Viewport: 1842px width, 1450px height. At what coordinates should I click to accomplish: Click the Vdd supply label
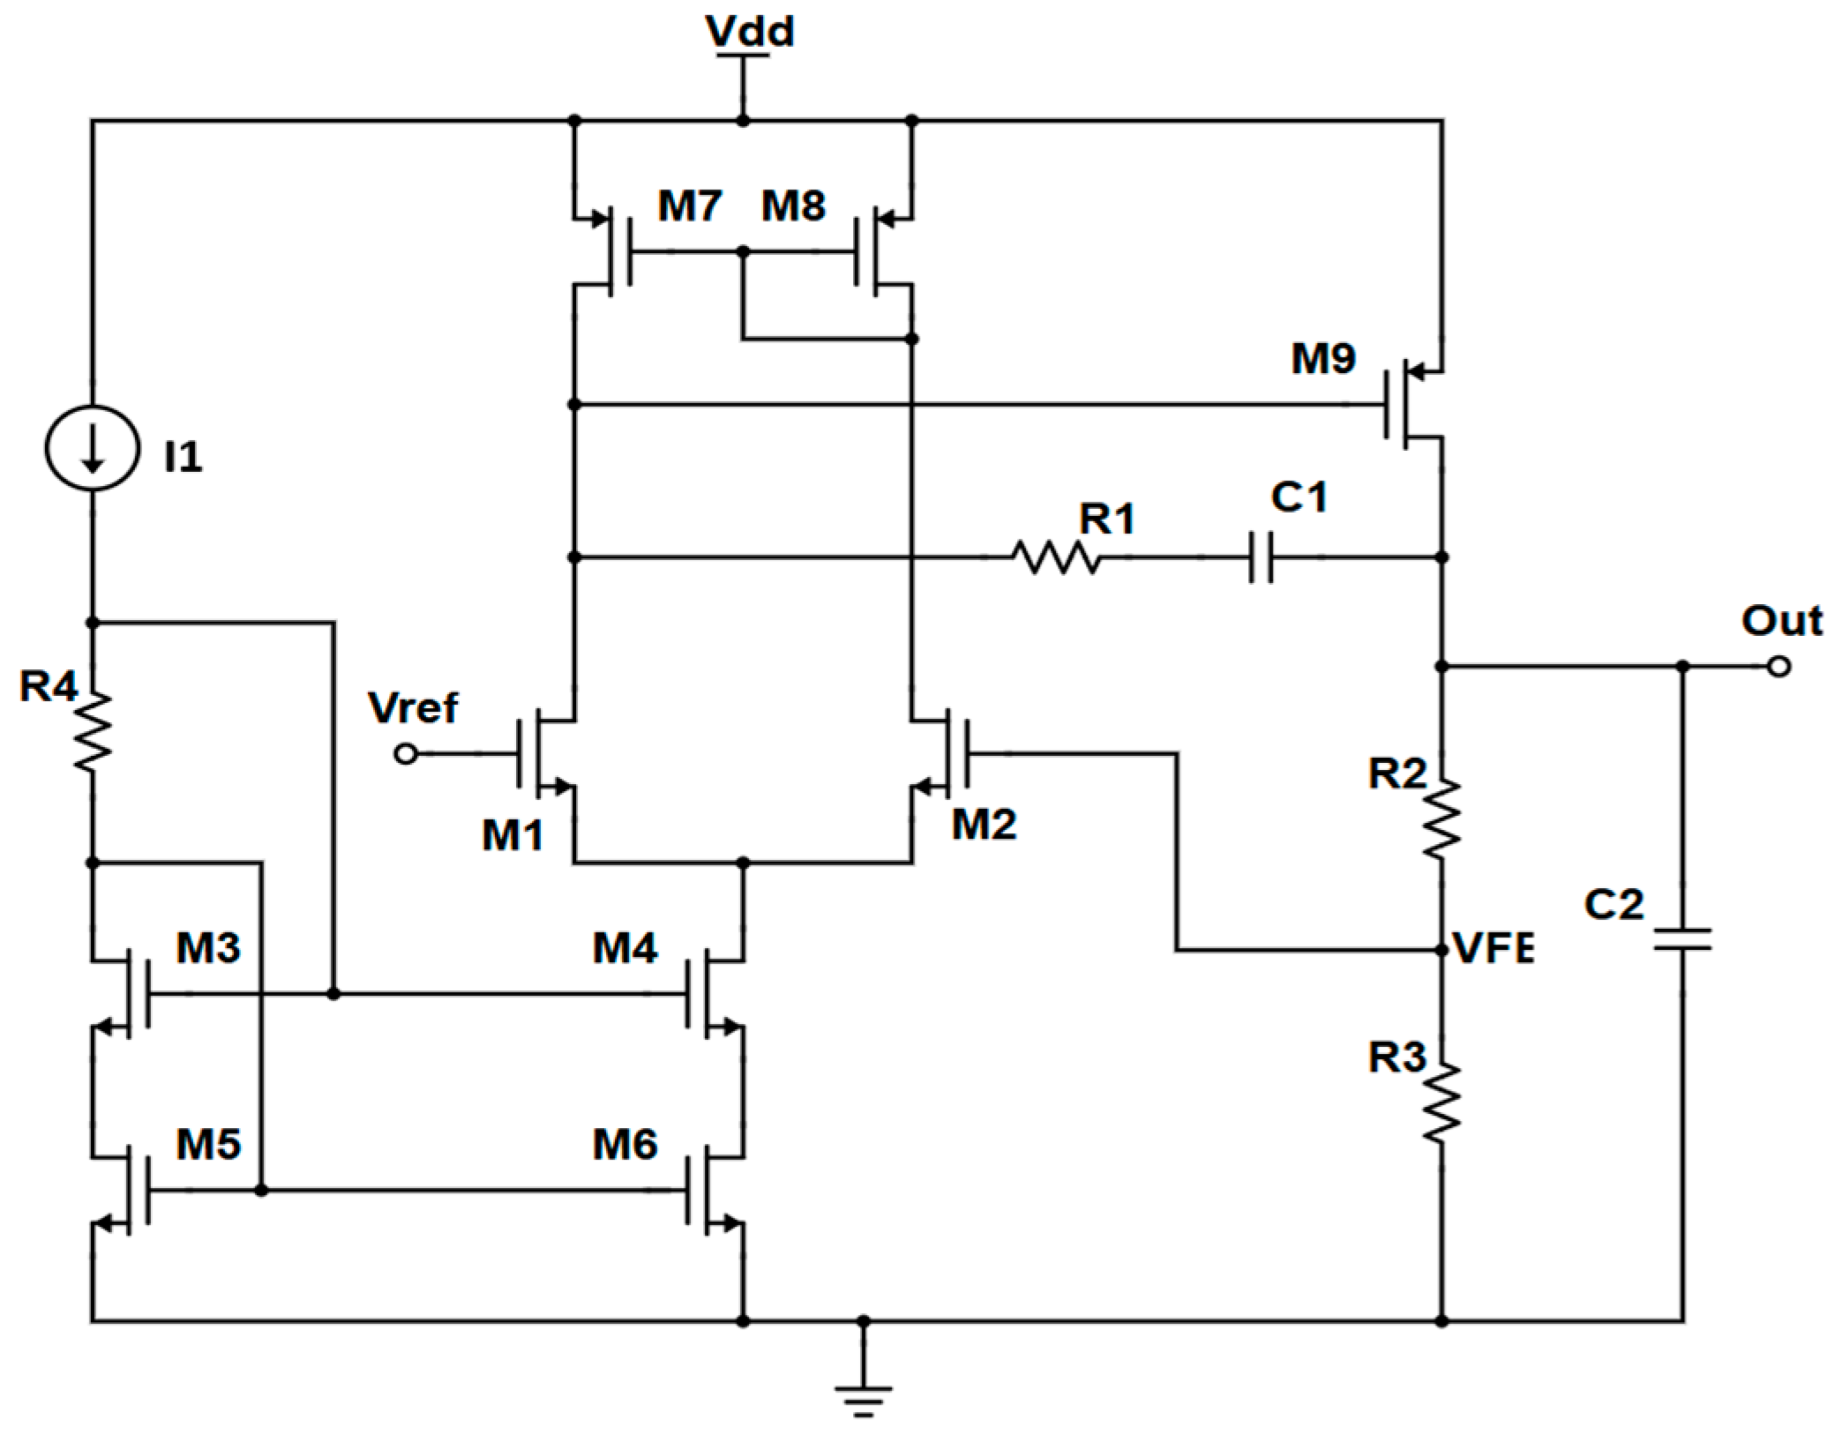749,32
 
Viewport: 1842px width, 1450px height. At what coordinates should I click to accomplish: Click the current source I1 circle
92,447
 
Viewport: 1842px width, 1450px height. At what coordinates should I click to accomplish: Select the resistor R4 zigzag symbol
92,732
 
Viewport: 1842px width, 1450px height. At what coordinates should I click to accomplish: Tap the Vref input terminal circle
406,754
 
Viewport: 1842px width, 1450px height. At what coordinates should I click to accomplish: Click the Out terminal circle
1779,667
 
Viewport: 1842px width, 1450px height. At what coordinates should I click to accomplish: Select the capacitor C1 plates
1262,557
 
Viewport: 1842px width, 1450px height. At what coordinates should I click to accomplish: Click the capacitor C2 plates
1682,939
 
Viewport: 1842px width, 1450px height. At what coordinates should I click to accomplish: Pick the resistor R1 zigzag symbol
1055,557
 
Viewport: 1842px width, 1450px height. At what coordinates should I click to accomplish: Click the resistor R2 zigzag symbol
1441,818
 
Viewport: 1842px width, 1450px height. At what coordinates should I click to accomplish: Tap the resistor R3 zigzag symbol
1441,1102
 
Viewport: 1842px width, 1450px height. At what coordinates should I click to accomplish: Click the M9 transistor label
1322,359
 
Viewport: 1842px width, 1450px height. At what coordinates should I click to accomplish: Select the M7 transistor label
689,206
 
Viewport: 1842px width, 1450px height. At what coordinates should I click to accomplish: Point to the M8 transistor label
793,206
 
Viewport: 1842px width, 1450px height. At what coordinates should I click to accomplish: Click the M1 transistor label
512,835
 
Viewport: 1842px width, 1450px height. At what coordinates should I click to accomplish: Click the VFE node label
1494,949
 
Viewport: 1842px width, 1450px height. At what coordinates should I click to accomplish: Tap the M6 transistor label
625,1145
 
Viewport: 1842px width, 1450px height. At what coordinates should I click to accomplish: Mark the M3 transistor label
208,948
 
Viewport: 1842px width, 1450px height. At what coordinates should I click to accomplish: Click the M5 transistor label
208,1145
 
